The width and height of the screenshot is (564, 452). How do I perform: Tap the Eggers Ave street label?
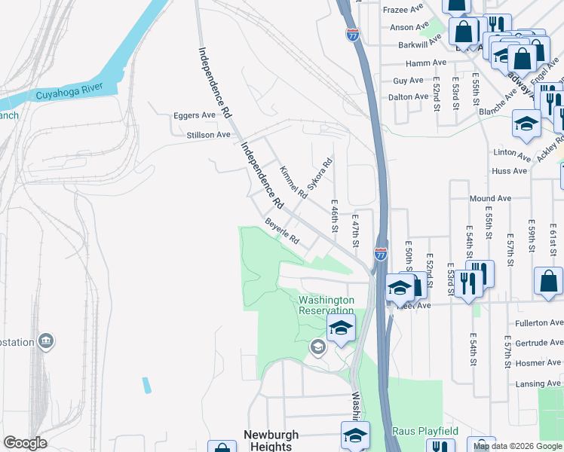tap(194, 115)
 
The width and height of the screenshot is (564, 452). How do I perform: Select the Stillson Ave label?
tap(208, 135)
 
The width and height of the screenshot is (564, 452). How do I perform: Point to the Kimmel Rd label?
tap(293, 182)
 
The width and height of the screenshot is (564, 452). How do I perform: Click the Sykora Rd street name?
tap(318, 174)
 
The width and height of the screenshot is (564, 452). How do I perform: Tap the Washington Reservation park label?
tap(326, 305)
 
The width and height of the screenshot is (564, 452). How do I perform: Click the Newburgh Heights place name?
tap(271, 441)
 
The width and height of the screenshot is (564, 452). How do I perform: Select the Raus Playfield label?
tap(425, 431)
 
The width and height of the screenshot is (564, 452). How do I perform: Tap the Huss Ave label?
tap(510, 171)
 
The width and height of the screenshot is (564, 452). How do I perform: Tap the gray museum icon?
tap(47, 342)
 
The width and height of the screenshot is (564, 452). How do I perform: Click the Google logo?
tap(25, 443)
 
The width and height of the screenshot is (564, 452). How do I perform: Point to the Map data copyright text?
tap(516, 446)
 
